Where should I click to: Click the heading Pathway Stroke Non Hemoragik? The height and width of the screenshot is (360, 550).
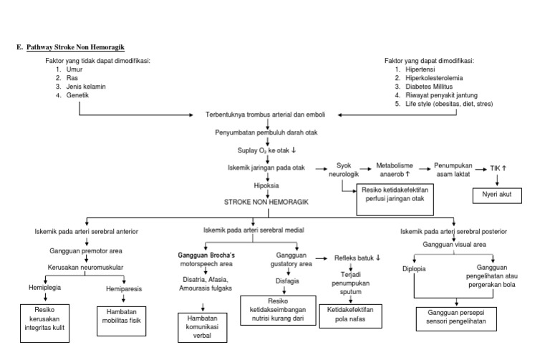(x=75, y=47)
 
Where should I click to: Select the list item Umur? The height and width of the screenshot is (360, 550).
(x=75, y=69)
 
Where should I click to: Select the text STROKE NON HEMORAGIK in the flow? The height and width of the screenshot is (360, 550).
(x=266, y=203)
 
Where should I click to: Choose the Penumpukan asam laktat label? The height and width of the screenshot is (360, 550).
(x=455, y=169)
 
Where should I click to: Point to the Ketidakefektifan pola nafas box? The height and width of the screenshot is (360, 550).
(x=350, y=314)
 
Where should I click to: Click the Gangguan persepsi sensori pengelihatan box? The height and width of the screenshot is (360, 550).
(x=461, y=317)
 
